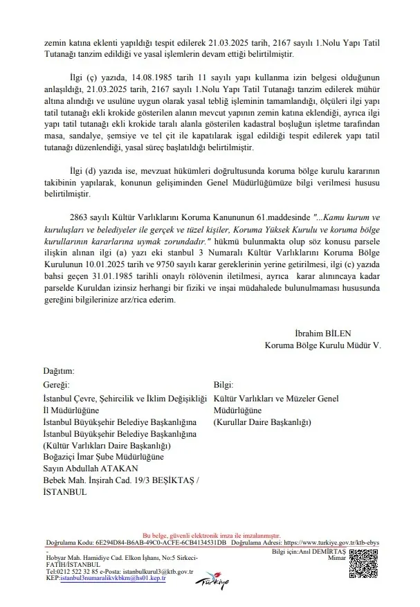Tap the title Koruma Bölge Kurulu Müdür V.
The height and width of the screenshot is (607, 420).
(322, 344)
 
